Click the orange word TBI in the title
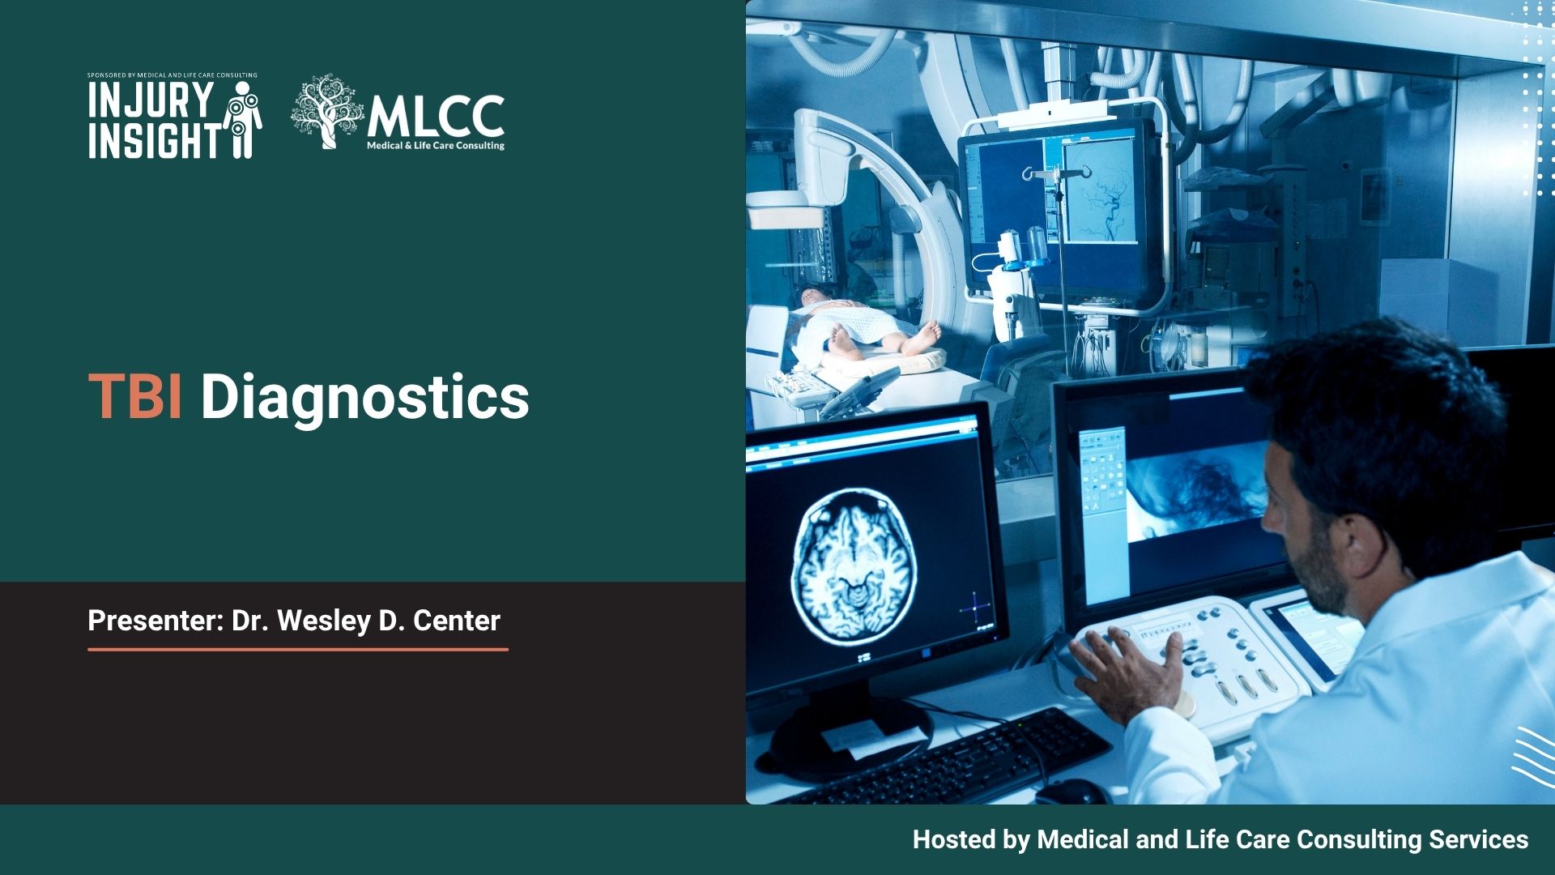coord(134,397)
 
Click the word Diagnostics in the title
coord(364,397)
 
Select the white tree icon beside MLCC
coord(326,112)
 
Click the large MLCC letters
coord(436,117)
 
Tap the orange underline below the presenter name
coord(297,649)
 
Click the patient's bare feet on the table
coord(923,336)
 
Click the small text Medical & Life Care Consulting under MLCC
coord(436,146)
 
